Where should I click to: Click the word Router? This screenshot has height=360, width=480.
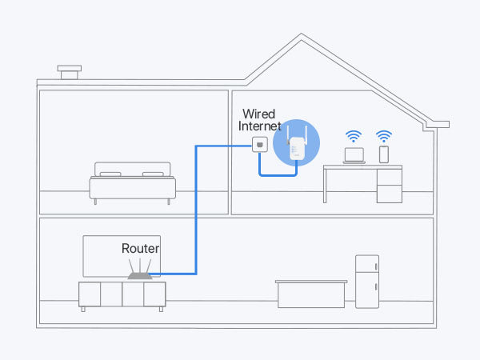point(140,249)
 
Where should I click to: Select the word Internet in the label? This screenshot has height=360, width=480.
point(260,126)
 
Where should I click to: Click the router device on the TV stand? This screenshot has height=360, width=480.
point(140,274)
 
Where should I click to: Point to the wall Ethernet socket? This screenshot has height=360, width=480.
point(259,146)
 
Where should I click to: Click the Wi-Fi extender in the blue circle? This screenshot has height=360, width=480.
point(296,149)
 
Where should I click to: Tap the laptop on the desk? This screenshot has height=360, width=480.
point(353,155)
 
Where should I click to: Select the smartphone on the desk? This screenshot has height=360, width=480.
point(383,154)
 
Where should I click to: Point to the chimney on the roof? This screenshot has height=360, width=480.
point(68,72)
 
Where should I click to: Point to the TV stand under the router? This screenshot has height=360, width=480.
point(122,294)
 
